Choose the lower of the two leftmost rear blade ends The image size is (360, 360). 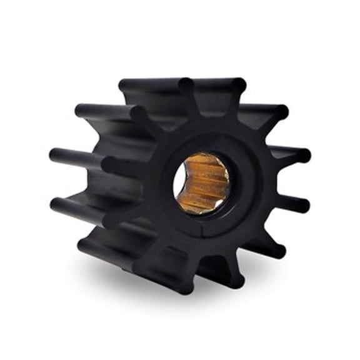tap(55, 203)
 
